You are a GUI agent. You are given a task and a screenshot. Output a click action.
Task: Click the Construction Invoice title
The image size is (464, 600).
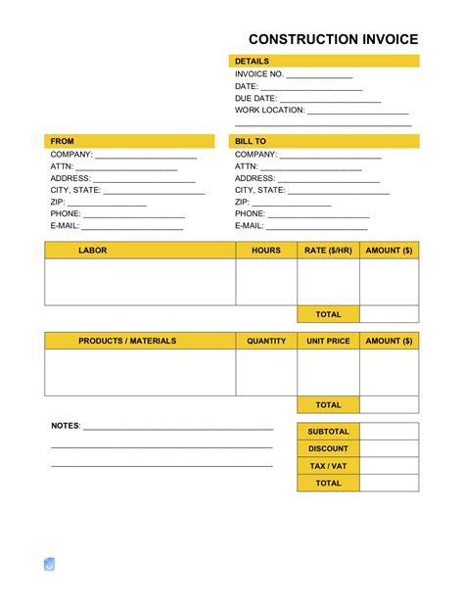(x=333, y=39)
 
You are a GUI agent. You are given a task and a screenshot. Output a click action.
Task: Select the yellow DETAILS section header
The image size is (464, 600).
(x=324, y=61)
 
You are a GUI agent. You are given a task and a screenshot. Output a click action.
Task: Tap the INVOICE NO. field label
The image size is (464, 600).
(x=259, y=73)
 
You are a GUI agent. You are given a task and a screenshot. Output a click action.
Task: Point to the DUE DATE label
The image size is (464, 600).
(x=256, y=98)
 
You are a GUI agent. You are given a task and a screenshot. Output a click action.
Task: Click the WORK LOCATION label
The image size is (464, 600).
(x=270, y=111)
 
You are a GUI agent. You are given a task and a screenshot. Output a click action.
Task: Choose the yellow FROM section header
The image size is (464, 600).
(x=128, y=141)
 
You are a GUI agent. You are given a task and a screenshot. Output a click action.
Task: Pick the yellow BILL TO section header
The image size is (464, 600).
(x=324, y=141)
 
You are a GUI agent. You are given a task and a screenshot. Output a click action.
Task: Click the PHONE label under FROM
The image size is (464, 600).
(x=67, y=213)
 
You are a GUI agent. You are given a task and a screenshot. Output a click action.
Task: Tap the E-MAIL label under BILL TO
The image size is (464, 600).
(x=250, y=225)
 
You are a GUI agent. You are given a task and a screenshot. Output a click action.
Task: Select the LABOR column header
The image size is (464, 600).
(x=93, y=251)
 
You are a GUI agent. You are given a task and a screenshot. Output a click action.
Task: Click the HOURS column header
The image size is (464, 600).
(x=266, y=251)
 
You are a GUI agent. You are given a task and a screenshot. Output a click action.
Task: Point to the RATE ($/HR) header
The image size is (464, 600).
(x=328, y=251)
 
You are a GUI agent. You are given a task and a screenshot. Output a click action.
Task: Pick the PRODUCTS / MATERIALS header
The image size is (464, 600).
(x=127, y=341)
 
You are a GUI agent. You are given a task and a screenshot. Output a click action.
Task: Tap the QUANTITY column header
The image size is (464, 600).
(x=266, y=341)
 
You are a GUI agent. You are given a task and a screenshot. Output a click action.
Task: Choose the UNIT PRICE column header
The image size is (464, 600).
(x=328, y=341)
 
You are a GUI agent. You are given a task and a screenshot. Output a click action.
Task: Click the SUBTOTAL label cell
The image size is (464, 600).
(x=328, y=432)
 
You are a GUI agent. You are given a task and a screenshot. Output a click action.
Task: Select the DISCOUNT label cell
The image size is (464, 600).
(x=328, y=448)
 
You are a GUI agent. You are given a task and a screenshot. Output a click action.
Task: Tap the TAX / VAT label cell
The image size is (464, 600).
(x=328, y=466)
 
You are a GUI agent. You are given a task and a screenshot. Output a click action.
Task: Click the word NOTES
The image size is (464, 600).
(x=66, y=427)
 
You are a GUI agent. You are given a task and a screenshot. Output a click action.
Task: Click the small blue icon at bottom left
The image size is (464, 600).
(x=50, y=564)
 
